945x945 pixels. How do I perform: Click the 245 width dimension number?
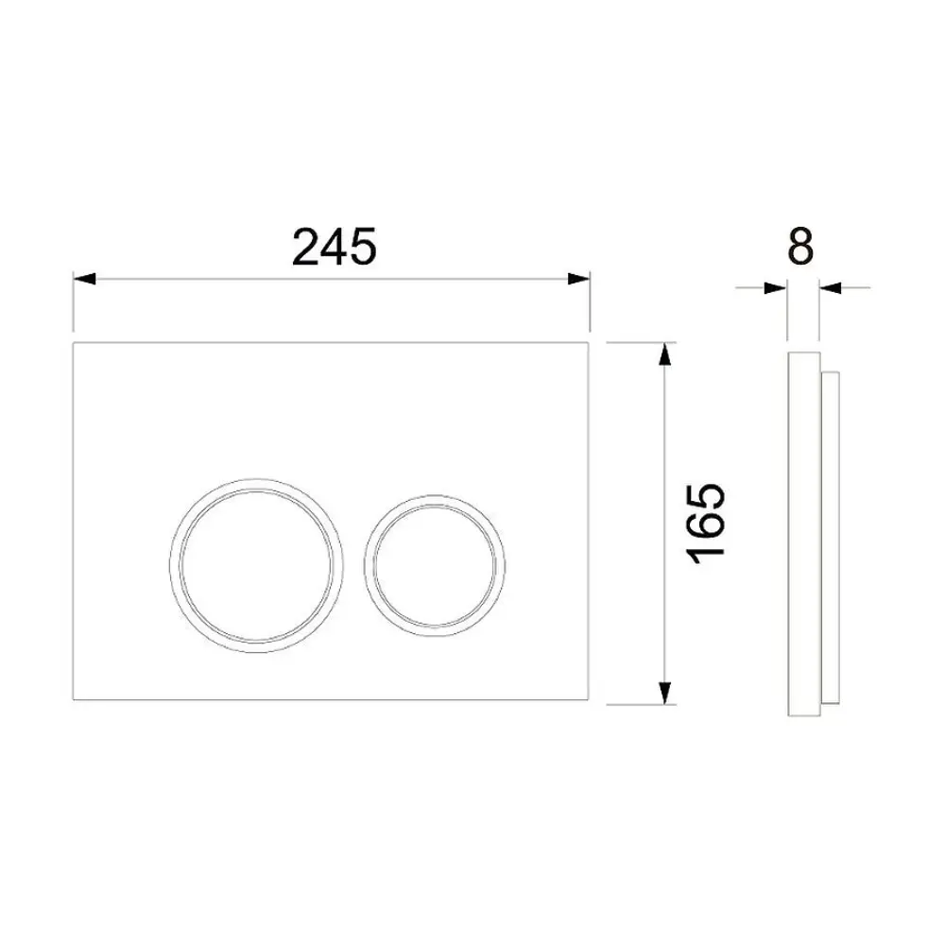click(x=334, y=248)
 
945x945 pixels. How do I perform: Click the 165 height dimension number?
click(x=707, y=524)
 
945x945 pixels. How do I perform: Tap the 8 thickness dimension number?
click(x=800, y=248)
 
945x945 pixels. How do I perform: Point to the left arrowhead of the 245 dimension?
click(x=84, y=279)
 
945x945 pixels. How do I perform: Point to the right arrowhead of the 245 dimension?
click(x=579, y=279)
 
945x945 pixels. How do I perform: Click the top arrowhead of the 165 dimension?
click(x=666, y=353)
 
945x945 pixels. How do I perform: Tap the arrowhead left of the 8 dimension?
click(x=777, y=287)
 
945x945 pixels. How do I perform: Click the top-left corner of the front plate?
click(x=74, y=342)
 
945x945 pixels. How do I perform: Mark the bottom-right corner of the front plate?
click(x=590, y=702)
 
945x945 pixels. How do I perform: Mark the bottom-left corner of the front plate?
click(x=74, y=702)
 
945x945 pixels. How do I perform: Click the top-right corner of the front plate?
click(x=590, y=342)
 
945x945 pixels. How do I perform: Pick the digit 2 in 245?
click(x=305, y=248)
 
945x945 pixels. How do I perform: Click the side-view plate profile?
click(x=802, y=529)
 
